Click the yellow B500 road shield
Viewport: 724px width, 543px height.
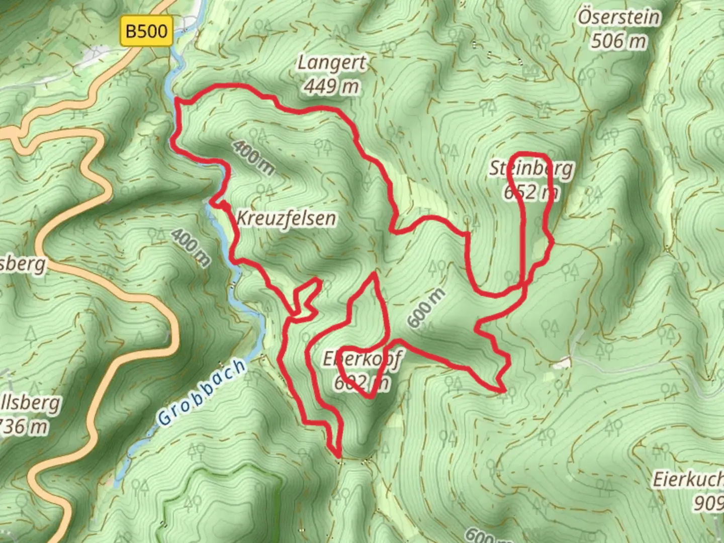[146, 32]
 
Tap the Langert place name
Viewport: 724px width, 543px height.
[331, 64]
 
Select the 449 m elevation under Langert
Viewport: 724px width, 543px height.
[331, 87]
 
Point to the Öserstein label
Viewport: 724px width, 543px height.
[618, 18]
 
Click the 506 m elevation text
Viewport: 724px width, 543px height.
[618, 41]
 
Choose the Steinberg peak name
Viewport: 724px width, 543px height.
[531, 168]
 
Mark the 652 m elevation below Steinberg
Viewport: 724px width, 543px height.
[531, 192]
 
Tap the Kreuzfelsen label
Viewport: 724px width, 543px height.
[286, 219]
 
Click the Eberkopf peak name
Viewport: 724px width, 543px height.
[362, 359]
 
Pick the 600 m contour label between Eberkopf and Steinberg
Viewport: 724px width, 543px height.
[426, 308]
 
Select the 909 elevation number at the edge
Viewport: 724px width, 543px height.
[709, 502]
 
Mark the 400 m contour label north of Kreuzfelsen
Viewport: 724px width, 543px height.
[253, 157]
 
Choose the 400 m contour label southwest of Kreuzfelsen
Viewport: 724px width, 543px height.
[191, 247]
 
